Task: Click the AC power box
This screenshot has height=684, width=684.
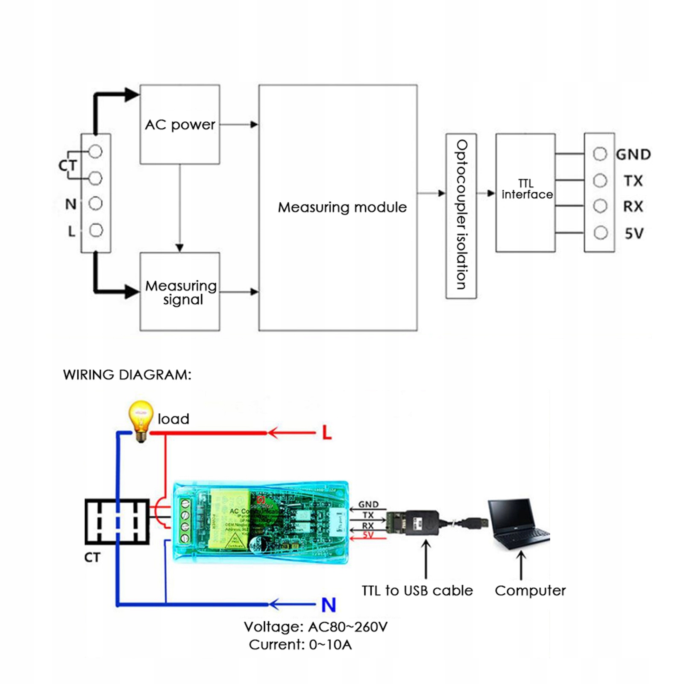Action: tap(180, 124)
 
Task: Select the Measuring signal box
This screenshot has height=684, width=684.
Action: tap(180, 292)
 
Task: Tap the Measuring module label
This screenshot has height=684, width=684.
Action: tap(342, 208)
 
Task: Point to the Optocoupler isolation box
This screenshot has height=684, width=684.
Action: tap(461, 215)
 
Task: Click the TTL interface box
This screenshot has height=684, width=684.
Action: tap(525, 193)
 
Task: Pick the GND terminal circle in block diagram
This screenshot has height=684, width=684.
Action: tap(600, 154)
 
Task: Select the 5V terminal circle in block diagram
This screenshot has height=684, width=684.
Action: tap(601, 233)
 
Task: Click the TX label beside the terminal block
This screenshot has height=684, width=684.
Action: tap(633, 181)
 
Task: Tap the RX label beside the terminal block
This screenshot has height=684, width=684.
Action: tap(633, 207)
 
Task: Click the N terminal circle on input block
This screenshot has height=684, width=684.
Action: tap(96, 203)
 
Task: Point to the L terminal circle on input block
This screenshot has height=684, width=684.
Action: tap(96, 230)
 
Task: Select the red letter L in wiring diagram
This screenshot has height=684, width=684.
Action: tap(327, 433)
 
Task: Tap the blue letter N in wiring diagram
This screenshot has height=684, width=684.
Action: tap(329, 605)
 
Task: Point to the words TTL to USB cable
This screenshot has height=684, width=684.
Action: tap(417, 590)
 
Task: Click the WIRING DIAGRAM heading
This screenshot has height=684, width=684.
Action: tap(127, 375)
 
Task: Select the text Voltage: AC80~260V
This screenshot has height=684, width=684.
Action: tap(316, 627)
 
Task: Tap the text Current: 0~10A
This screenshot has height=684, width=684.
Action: tap(300, 644)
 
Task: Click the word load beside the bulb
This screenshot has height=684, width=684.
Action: tap(173, 419)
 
